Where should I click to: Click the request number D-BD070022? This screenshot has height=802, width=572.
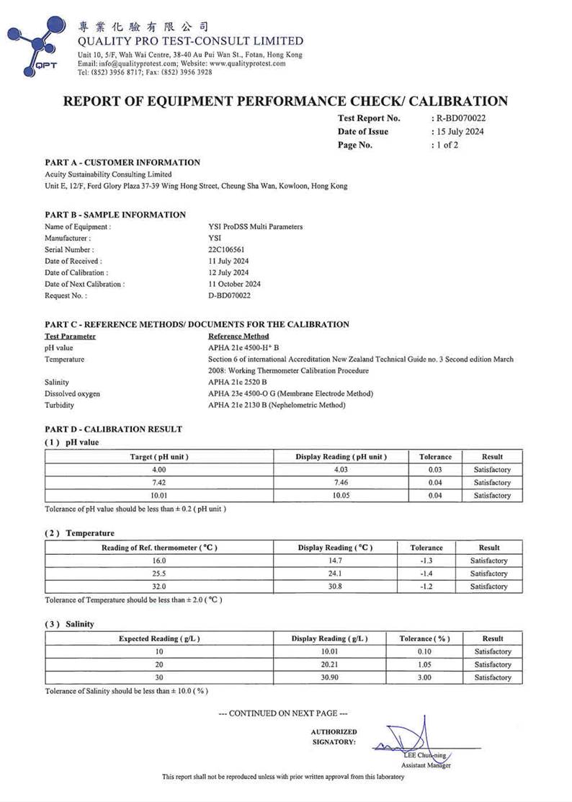click(229, 295)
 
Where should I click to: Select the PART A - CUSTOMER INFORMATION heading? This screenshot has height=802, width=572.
click(122, 163)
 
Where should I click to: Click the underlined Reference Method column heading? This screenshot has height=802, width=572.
click(238, 336)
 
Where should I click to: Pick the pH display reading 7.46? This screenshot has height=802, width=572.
click(341, 483)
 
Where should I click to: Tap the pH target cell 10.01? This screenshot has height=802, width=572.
click(159, 496)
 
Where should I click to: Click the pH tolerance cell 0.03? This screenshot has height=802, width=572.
click(435, 470)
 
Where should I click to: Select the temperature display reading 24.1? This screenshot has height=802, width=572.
click(335, 574)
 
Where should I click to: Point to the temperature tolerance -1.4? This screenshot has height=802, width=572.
click(426, 574)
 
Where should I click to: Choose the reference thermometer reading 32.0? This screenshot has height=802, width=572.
click(159, 587)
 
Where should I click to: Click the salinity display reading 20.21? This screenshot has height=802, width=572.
click(329, 664)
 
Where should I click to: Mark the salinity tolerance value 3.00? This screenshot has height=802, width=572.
click(424, 677)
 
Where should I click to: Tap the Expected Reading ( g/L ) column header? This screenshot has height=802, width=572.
click(159, 638)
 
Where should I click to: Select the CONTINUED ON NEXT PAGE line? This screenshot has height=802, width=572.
click(283, 713)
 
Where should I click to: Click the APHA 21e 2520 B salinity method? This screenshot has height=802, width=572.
click(237, 382)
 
